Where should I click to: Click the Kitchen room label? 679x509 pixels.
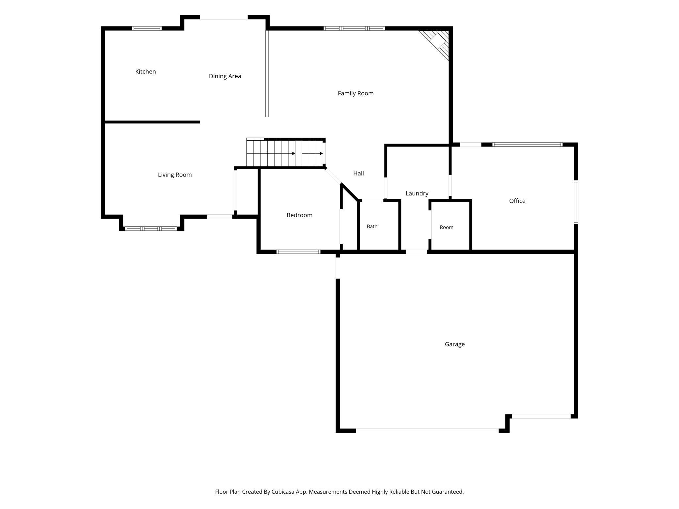[x=146, y=71]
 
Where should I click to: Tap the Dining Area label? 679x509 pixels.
[x=225, y=76]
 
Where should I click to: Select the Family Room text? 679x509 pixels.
[x=355, y=93]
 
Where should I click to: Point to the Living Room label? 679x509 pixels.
[x=175, y=175]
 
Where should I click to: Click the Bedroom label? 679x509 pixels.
[x=299, y=215]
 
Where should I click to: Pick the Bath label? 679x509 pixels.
[x=372, y=226]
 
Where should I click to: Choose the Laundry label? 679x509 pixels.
[x=417, y=193]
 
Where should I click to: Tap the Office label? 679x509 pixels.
[x=517, y=201]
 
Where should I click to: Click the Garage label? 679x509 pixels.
[x=455, y=344]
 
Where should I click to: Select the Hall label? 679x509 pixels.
[x=358, y=173]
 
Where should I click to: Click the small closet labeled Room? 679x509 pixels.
[x=447, y=227]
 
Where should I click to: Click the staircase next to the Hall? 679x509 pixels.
[x=285, y=153]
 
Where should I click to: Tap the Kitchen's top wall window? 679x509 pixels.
[x=147, y=28]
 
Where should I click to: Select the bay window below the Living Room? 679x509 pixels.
[x=151, y=229]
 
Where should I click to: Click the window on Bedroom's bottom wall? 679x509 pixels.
[x=298, y=252]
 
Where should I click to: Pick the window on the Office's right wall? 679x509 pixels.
[x=576, y=202]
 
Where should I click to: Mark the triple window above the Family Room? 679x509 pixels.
[x=354, y=28]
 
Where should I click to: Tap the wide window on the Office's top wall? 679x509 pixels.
[x=528, y=145]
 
